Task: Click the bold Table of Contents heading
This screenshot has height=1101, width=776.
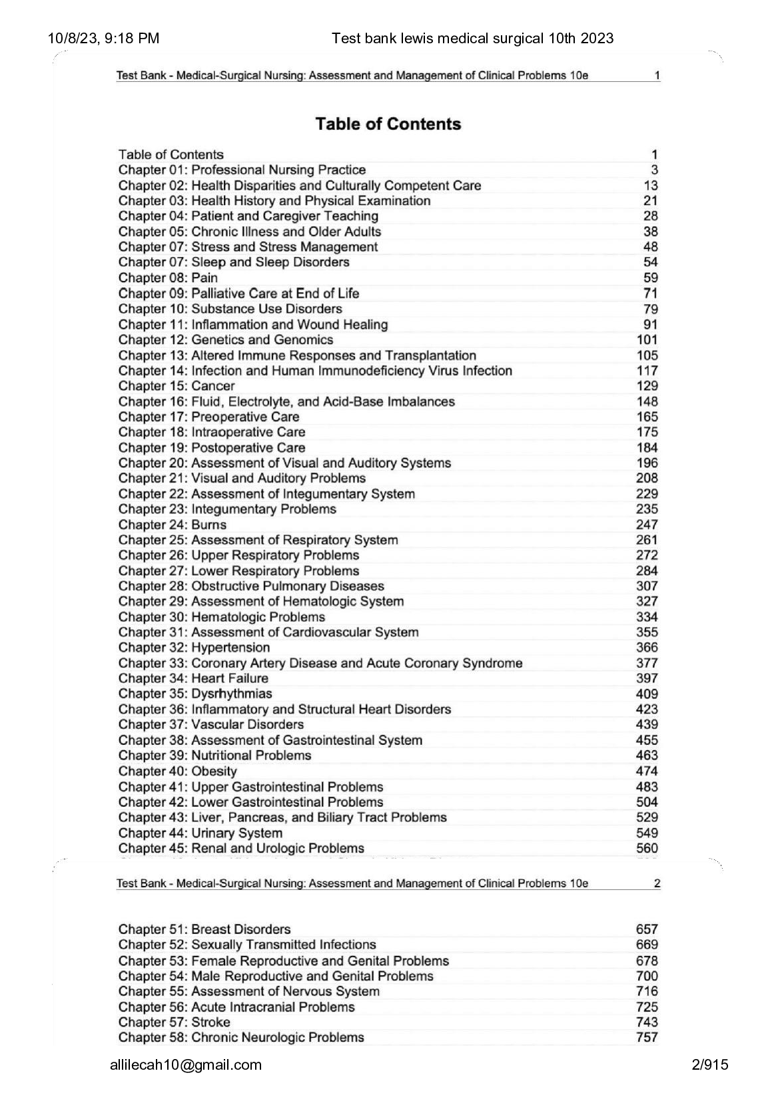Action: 388,124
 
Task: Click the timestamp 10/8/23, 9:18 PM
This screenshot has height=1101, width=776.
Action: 103,39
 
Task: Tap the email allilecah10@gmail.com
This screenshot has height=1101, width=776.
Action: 186,1065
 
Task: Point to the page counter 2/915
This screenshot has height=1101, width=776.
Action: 710,1065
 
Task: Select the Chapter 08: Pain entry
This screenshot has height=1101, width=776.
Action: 168,278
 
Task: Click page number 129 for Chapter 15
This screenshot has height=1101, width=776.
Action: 647,386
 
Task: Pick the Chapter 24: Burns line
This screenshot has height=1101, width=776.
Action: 172,525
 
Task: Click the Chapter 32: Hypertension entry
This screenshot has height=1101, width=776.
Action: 194,648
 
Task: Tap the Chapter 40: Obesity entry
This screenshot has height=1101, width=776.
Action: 177,771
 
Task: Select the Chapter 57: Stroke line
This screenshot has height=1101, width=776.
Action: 174,1022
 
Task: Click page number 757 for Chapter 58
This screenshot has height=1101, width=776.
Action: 647,1038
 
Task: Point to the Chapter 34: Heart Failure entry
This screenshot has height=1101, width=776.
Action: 193,678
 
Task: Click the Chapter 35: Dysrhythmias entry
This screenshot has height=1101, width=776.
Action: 195,694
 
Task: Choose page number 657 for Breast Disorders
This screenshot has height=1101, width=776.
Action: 647,929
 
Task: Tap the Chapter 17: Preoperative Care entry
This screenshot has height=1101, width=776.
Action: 208,417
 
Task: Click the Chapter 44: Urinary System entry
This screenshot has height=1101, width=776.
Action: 200,833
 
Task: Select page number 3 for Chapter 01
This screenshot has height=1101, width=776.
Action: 654,170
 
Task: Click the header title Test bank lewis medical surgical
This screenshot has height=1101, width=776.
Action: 472,39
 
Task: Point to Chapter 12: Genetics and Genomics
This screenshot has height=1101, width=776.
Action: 225,339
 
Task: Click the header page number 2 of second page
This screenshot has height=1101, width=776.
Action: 657,884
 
